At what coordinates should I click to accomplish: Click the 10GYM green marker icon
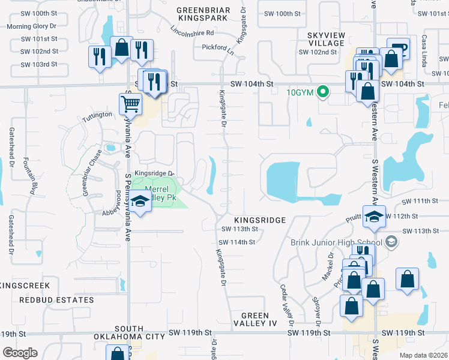point(323,92)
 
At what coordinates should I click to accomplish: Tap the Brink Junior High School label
point(337,242)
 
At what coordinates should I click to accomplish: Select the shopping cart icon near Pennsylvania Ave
point(130,104)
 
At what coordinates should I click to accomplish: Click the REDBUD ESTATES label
point(56,299)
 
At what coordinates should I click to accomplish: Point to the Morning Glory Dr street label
point(31,26)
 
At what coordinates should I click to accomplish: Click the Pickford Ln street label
point(217,47)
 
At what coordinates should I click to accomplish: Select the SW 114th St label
point(238,242)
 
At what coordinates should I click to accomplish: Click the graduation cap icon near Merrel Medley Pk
point(140,202)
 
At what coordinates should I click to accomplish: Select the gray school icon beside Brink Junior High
point(391,242)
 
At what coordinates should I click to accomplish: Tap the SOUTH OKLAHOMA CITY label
point(128,332)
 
